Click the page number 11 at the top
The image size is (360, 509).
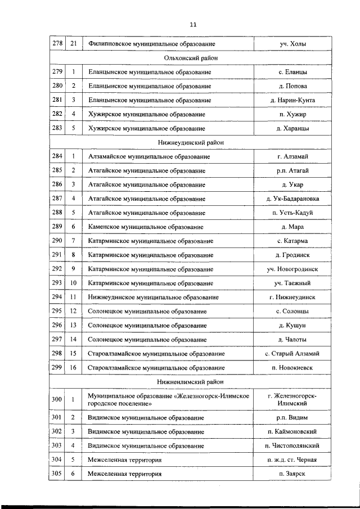pos(193,24)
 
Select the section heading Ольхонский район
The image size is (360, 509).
pos(191,58)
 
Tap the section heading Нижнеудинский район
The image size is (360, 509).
pos(191,143)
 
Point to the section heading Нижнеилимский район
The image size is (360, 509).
pos(191,381)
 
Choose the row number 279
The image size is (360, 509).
pos(57,72)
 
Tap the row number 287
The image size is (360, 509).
pos(57,199)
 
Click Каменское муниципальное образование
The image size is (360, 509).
pos(146,227)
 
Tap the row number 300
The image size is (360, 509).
pos(57,400)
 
